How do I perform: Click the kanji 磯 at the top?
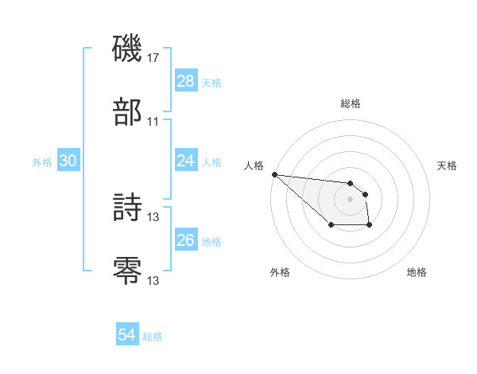tap(127, 49)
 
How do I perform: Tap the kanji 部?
tap(127, 112)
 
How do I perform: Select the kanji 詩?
tap(127, 208)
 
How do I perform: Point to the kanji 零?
tap(127, 271)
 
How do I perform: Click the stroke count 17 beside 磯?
tap(153, 58)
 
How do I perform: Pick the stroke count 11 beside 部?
tap(153, 121)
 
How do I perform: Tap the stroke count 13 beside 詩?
tap(153, 216)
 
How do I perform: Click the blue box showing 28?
tap(185, 81)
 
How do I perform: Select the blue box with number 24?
tap(185, 161)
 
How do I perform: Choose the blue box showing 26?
tap(185, 240)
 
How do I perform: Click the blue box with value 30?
tap(68, 161)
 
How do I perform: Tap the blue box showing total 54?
tap(127, 335)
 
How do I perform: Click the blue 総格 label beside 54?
tap(153, 337)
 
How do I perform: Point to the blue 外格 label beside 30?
tap(42, 162)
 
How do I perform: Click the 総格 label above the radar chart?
tap(351, 103)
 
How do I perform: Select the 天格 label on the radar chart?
tap(448, 166)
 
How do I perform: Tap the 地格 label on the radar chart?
tap(417, 272)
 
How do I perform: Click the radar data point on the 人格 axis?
tap(274, 174)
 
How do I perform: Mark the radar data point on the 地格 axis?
tap(369, 226)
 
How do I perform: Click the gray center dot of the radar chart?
tap(351, 199)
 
